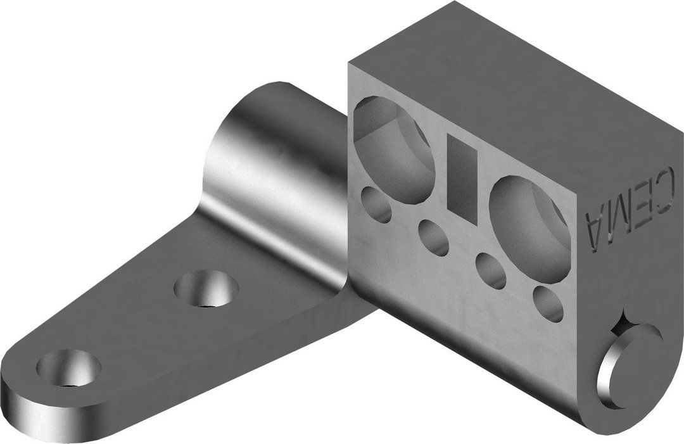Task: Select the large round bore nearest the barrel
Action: [x=394, y=149]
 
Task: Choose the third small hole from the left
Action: [x=491, y=269]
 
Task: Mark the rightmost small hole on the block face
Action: [x=548, y=302]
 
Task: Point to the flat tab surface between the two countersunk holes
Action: [x=136, y=329]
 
